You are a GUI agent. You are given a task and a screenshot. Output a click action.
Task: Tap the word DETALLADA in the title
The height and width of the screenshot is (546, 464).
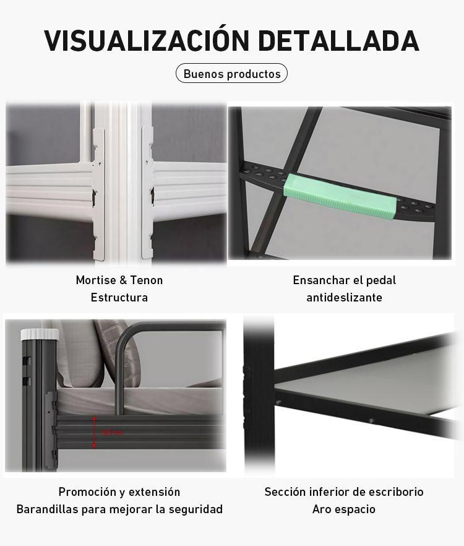(338, 40)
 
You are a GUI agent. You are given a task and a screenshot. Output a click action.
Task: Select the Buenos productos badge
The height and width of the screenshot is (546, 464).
(232, 74)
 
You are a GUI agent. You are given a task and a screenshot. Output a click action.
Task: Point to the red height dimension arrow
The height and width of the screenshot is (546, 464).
(95, 431)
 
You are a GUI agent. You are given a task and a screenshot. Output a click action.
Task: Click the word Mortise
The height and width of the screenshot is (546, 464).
(97, 280)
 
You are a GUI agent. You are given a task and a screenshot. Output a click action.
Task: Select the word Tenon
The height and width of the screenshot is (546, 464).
(147, 280)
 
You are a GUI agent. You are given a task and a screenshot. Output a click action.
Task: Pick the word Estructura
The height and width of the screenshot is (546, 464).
(119, 298)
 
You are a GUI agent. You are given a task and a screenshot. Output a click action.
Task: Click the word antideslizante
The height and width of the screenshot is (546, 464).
(344, 298)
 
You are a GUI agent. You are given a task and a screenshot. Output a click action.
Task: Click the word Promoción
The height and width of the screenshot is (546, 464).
(87, 492)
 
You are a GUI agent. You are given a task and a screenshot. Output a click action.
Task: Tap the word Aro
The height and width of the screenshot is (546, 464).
(322, 509)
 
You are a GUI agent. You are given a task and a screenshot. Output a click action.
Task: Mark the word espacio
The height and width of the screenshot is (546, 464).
(356, 509)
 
